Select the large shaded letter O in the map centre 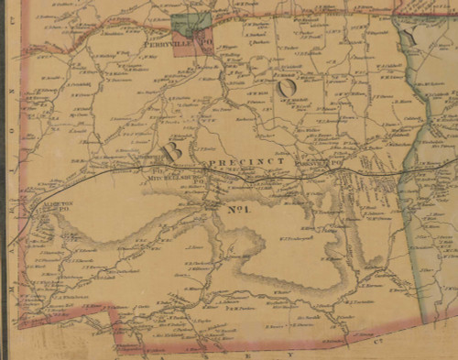(287, 88)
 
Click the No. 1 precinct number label (237, 209)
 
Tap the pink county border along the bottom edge (275, 346)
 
